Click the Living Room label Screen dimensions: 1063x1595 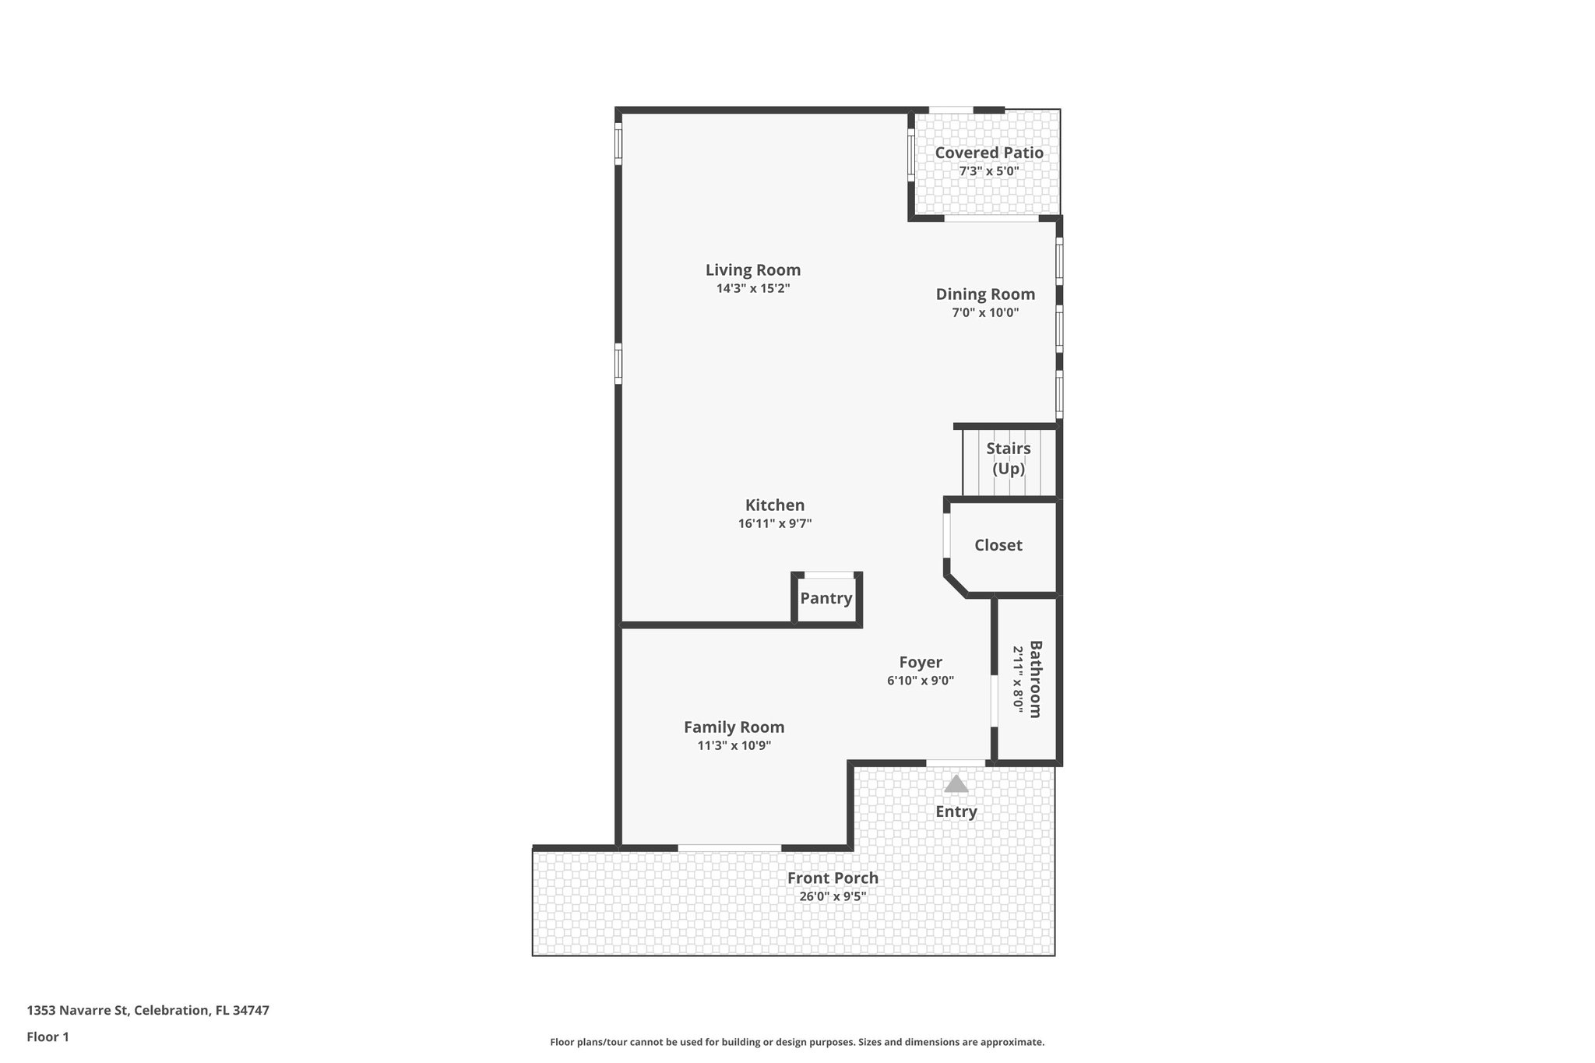[x=752, y=270]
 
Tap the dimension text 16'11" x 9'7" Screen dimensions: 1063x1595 [x=775, y=524]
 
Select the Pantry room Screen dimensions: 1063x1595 [x=826, y=599]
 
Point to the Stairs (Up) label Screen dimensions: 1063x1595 [x=1009, y=459]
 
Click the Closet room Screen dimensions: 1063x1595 [x=998, y=545]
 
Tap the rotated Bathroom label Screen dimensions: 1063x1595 [x=1035, y=679]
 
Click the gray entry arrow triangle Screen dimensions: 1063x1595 [x=956, y=784]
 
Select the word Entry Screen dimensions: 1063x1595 [x=956, y=811]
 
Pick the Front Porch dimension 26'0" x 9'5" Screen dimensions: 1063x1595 [x=833, y=896]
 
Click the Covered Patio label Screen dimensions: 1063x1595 [x=989, y=153]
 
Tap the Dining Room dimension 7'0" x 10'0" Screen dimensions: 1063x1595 [x=985, y=313]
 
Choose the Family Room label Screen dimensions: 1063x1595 [x=734, y=727]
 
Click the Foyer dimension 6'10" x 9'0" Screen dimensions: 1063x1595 [x=921, y=681]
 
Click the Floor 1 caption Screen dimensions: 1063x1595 [x=48, y=1037]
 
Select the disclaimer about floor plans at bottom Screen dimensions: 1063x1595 [x=797, y=1042]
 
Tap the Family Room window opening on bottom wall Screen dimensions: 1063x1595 [x=729, y=847]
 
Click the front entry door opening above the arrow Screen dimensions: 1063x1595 [x=956, y=762]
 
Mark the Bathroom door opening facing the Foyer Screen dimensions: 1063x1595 [x=994, y=701]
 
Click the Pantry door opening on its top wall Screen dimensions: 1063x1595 [x=828, y=575]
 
